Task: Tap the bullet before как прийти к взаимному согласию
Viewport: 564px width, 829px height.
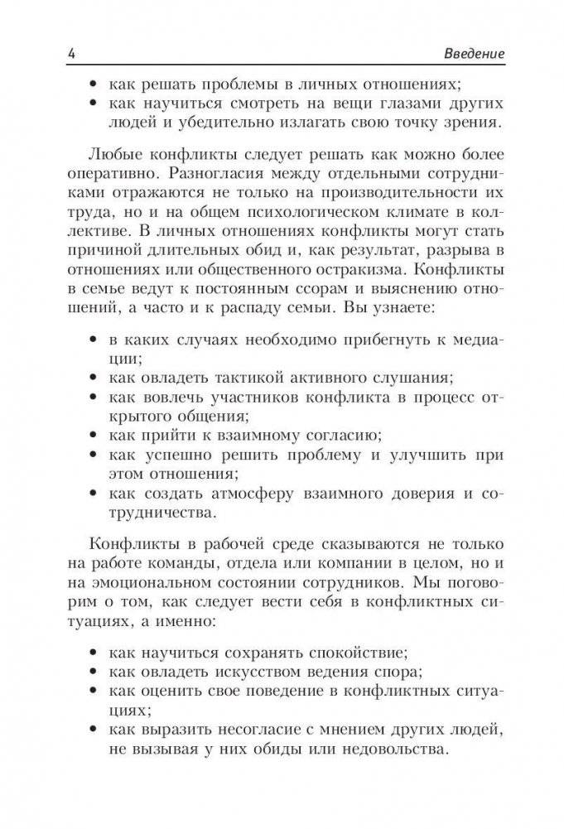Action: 91,433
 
